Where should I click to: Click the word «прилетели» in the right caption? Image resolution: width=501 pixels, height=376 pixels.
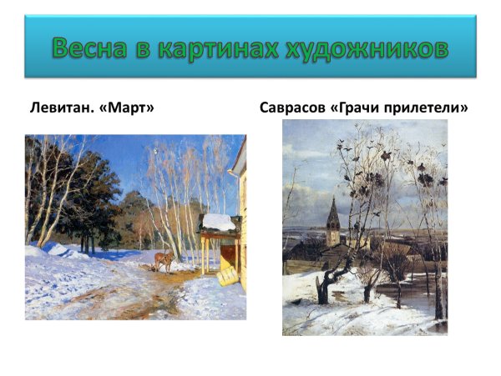tap(432, 108)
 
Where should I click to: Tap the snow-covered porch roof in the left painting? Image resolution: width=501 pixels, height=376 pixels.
tap(220, 222)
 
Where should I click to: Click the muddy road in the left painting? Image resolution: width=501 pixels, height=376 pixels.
tap(125, 288)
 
